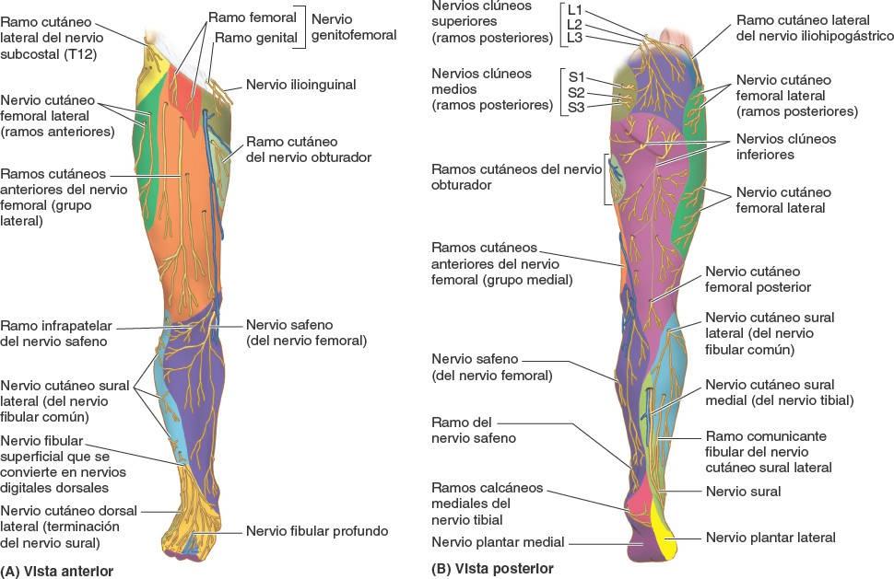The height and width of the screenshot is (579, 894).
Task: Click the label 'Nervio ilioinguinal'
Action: (x=300, y=85)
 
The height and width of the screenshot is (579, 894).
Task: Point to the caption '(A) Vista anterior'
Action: (x=58, y=571)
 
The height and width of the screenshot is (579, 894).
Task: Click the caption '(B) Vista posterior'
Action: (x=492, y=569)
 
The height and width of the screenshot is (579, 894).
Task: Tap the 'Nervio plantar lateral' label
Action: (x=770, y=538)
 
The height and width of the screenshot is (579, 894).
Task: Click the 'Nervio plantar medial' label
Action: (x=498, y=542)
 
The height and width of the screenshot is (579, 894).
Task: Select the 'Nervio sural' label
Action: (x=743, y=492)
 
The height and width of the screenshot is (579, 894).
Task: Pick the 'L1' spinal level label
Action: (x=575, y=9)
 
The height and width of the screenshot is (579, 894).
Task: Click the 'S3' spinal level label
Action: (x=576, y=108)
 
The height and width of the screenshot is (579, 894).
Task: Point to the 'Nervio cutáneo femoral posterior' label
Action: (x=752, y=280)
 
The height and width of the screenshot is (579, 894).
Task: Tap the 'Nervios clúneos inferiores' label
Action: (x=785, y=147)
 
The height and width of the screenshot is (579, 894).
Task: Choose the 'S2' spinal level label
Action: (x=576, y=92)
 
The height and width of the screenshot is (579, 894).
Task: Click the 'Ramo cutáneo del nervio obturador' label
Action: (x=308, y=149)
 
